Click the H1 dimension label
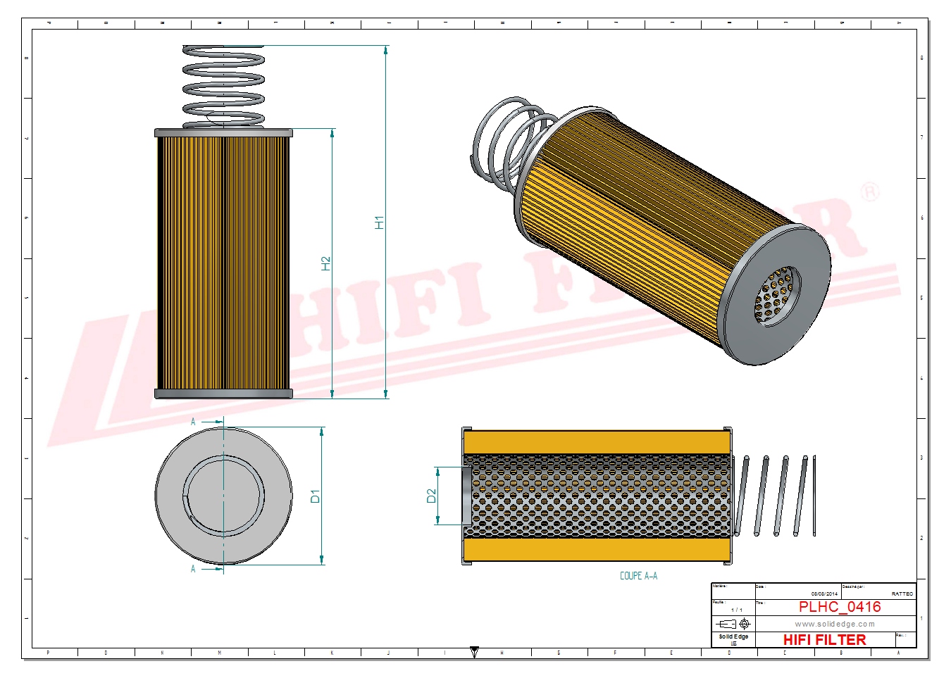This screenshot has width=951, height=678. [379, 222]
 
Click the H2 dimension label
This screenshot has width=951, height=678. [325, 263]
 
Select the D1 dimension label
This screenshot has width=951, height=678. [315, 496]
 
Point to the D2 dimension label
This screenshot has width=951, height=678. [431, 496]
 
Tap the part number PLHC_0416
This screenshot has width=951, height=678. [839, 607]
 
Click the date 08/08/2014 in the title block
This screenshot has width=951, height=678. [824, 594]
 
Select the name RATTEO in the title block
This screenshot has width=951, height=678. [902, 594]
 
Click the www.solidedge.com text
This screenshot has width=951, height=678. [835, 624]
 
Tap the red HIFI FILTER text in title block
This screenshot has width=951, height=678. [824, 639]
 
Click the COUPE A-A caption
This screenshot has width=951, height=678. [638, 576]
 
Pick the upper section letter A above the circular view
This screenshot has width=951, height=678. [193, 422]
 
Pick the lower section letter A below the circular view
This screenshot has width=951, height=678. [193, 569]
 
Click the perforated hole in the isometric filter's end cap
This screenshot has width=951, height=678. [778, 296]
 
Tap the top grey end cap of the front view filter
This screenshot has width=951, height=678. [223, 132]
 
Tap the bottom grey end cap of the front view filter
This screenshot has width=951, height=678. [223, 394]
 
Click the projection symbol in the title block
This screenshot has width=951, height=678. [733, 624]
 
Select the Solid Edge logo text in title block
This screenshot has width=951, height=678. [733, 636]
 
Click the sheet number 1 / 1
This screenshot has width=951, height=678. [736, 610]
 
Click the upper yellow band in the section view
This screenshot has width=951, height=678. [597, 443]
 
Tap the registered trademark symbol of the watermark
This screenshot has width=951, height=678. [871, 192]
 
